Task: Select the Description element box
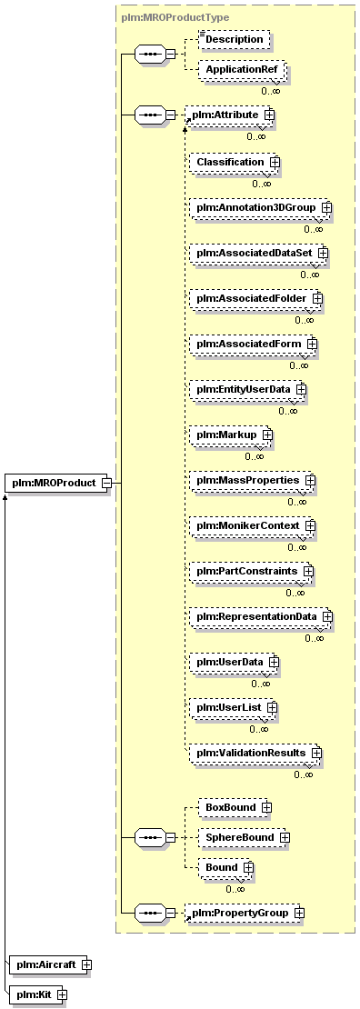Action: coord(235,38)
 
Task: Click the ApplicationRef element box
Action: coord(241,69)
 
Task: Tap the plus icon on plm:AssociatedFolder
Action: coord(317,298)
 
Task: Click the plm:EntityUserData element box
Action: coord(247,389)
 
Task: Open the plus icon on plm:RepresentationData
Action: coord(327,616)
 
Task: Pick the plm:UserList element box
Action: coord(233,707)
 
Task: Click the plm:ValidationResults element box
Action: coord(255,753)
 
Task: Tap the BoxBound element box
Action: coord(235,807)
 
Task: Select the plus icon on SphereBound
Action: coord(284,837)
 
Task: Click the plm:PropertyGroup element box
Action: coord(244,913)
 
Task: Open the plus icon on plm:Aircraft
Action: coord(85,964)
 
